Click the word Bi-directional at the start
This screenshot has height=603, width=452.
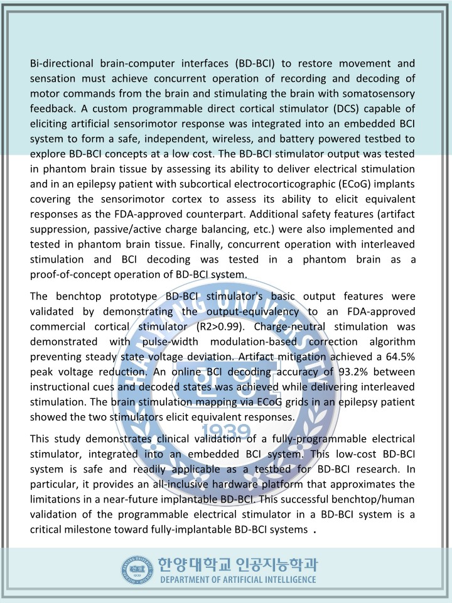point(62,63)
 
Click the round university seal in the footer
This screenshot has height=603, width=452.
point(137,570)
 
